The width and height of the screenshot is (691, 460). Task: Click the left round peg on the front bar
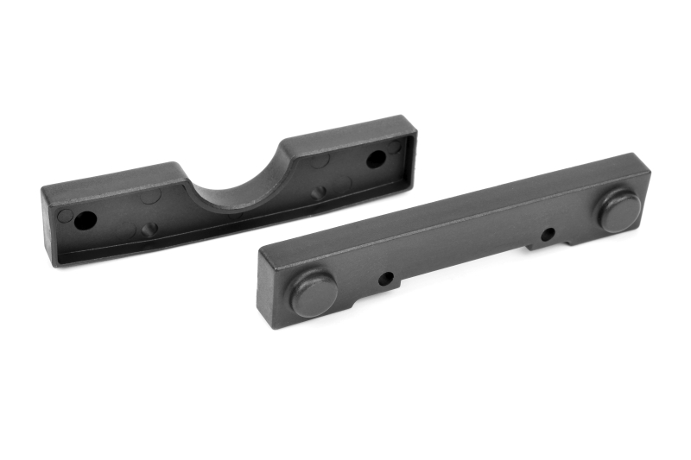point(314,293)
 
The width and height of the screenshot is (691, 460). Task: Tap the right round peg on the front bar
point(620,211)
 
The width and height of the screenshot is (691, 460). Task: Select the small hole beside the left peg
point(386,278)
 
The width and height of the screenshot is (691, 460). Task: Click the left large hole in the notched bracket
point(85,220)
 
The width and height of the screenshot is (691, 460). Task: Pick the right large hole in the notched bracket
point(376,159)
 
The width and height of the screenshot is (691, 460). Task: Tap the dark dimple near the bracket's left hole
point(149,229)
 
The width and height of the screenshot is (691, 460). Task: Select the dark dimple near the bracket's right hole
point(319,192)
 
